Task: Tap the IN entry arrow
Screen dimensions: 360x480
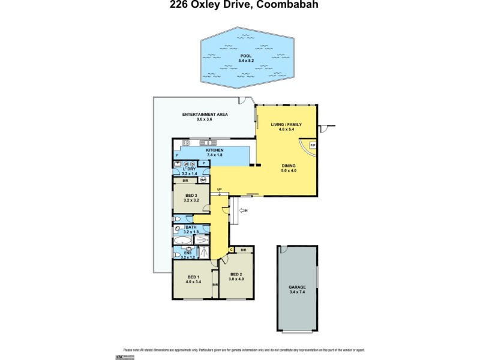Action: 242,211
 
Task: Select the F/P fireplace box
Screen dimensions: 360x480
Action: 312,146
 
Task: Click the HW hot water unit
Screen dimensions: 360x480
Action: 203,180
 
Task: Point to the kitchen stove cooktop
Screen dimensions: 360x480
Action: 185,143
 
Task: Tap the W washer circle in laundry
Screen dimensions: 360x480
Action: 186,163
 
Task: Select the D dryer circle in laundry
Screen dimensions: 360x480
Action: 193,163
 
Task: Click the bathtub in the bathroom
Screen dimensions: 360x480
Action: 182,241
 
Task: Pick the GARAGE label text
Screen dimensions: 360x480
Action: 298,287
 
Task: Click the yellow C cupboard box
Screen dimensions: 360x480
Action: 231,250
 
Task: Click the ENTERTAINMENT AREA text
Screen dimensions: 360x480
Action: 205,114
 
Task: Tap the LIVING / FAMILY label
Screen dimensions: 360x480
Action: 286,124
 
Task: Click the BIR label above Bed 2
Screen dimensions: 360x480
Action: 243,250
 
